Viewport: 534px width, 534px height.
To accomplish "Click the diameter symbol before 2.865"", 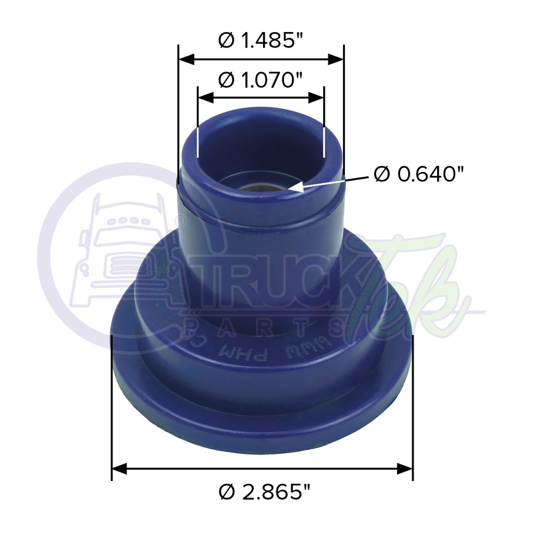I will [227, 493].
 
